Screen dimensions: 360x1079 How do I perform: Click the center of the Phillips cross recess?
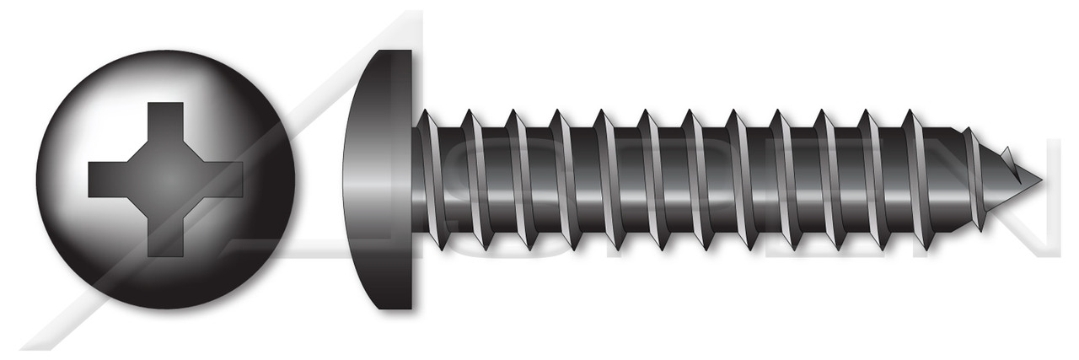click(x=166, y=179)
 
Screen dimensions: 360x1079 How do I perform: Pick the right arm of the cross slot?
click(x=224, y=179)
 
